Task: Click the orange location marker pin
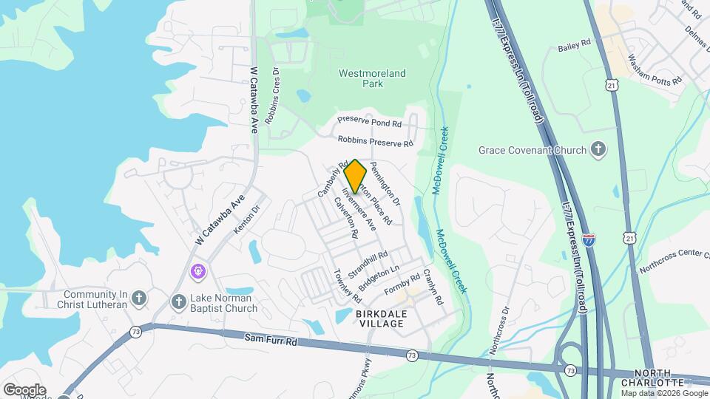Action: click(356, 176)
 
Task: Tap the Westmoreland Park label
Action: click(372, 78)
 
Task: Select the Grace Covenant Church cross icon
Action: click(598, 150)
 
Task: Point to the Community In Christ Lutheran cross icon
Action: click(138, 299)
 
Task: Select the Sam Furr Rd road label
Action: click(270, 341)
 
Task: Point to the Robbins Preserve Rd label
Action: click(375, 140)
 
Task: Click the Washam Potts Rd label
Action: click(654, 71)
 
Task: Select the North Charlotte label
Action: click(652, 378)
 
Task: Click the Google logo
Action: click(24, 389)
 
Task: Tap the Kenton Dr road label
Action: click(247, 221)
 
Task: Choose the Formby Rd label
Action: click(403, 283)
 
